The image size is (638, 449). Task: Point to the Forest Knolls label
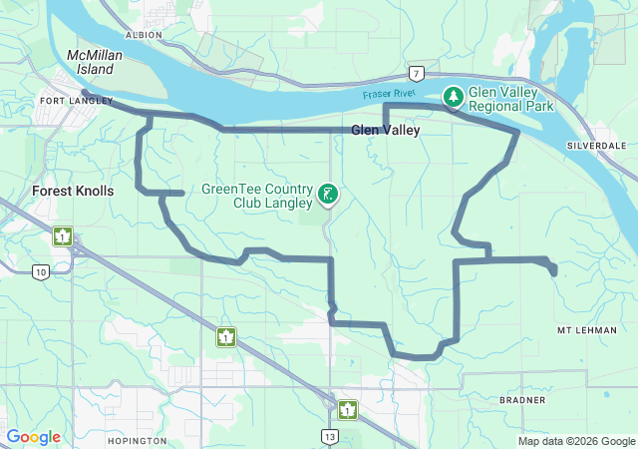(73, 191)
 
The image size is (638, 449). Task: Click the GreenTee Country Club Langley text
(257, 196)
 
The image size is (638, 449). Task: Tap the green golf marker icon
(328, 195)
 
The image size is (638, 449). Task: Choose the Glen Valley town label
(385, 131)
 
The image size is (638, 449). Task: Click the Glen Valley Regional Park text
(510, 97)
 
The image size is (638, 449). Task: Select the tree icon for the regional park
(455, 96)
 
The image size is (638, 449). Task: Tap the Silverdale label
(596, 146)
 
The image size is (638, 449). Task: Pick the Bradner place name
(524, 400)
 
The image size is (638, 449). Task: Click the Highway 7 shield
(415, 73)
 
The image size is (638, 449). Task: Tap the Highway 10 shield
(40, 271)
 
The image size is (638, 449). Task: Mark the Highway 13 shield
(330, 436)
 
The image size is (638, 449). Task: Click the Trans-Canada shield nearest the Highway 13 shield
(347, 409)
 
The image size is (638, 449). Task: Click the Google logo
(34, 437)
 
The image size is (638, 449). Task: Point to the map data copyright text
(575, 441)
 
